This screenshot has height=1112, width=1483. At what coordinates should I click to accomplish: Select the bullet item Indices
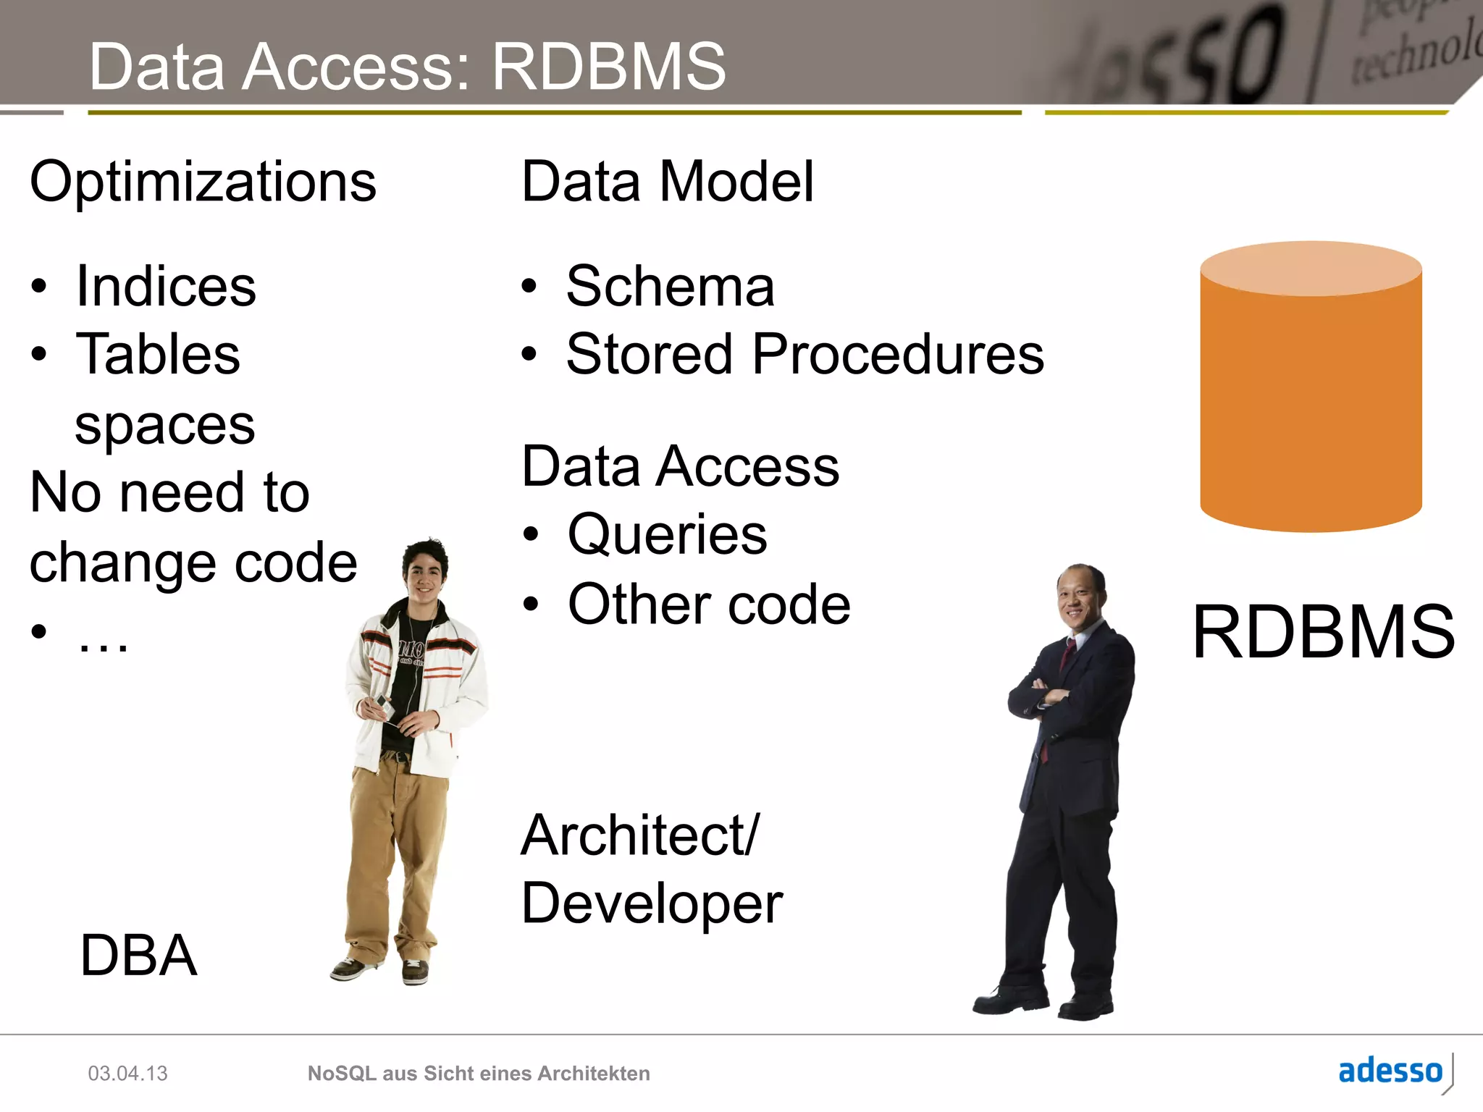coord(166,287)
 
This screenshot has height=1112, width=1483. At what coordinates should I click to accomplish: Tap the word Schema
coord(670,287)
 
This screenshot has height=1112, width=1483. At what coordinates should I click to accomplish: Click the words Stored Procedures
coord(804,355)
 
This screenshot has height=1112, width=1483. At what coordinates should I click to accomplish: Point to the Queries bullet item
coord(667,535)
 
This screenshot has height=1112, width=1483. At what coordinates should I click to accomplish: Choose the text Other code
coord(709,605)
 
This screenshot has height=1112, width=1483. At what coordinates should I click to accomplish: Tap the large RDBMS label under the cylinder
coord(1323,632)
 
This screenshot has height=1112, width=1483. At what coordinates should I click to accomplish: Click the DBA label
coord(138,956)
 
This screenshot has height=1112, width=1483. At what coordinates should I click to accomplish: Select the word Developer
coord(652,903)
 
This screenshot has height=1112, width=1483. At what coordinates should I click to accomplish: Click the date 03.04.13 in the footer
coord(127,1073)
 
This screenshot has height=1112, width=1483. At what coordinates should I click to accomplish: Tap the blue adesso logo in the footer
coord(1390,1071)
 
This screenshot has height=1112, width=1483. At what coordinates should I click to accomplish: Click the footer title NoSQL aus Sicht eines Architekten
coord(479,1073)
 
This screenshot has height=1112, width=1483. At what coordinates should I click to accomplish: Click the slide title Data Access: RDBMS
coord(407,67)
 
